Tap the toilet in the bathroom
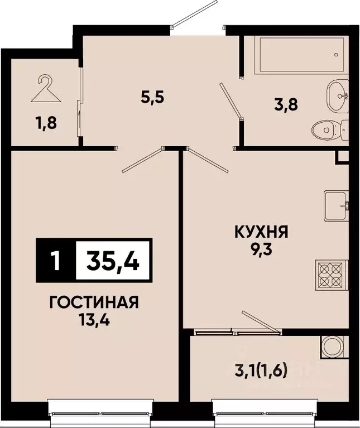(327, 129)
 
